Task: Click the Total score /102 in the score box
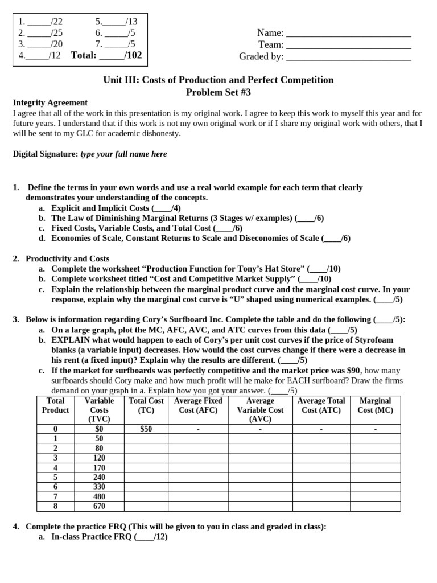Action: (x=106, y=55)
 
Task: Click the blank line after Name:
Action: (x=349, y=34)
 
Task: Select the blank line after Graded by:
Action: (x=349, y=57)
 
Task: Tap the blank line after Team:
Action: (x=349, y=46)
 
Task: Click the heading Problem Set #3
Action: (x=218, y=92)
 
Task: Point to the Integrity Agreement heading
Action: (x=50, y=102)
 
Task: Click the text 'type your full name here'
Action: (x=123, y=154)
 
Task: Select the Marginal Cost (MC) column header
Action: (x=376, y=405)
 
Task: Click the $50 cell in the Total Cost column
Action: (x=146, y=429)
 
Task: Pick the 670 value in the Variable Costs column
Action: (x=99, y=506)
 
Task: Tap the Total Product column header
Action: (x=56, y=405)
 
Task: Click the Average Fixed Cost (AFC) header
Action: (x=197, y=405)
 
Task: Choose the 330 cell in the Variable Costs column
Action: (x=99, y=487)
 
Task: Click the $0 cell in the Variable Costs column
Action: (x=99, y=429)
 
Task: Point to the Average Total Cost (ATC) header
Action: (x=321, y=405)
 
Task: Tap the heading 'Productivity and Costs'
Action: (x=67, y=258)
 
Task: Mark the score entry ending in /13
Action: (x=112, y=22)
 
